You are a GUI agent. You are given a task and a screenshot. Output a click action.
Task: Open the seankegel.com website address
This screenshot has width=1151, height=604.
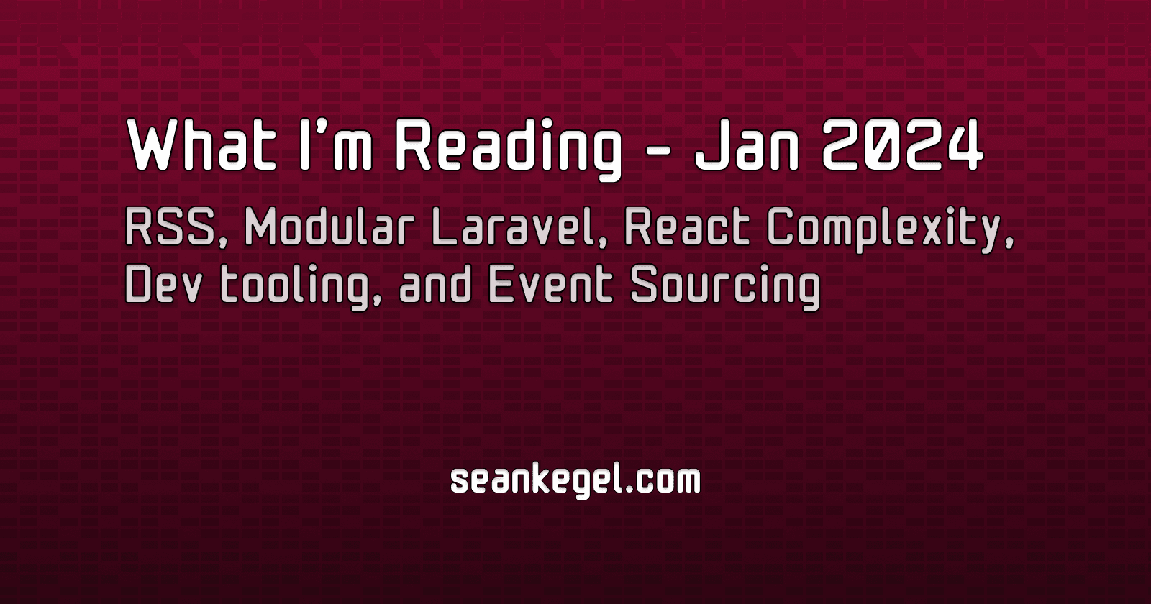tap(575, 480)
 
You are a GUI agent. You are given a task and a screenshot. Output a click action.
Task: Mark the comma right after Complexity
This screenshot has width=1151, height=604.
tap(1009, 244)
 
